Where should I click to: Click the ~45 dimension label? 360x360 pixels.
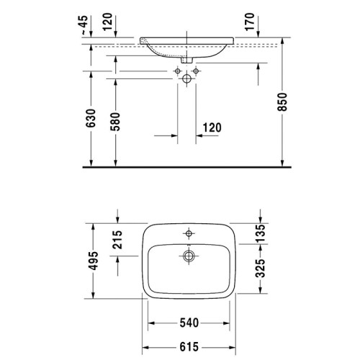coord(84,25)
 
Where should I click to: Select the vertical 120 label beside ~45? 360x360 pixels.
coord(108,22)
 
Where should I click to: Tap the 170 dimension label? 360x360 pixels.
coord(250,22)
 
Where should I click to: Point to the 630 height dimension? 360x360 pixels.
coord(91,118)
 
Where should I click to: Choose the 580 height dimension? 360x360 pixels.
coord(115,122)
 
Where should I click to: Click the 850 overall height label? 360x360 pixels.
coord(282,102)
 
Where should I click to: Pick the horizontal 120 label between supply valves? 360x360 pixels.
coord(212,127)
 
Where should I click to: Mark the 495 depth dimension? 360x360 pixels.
coord(94,261)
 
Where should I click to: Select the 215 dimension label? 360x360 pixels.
coord(117,239)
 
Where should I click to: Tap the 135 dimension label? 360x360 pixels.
coord(261,233)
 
